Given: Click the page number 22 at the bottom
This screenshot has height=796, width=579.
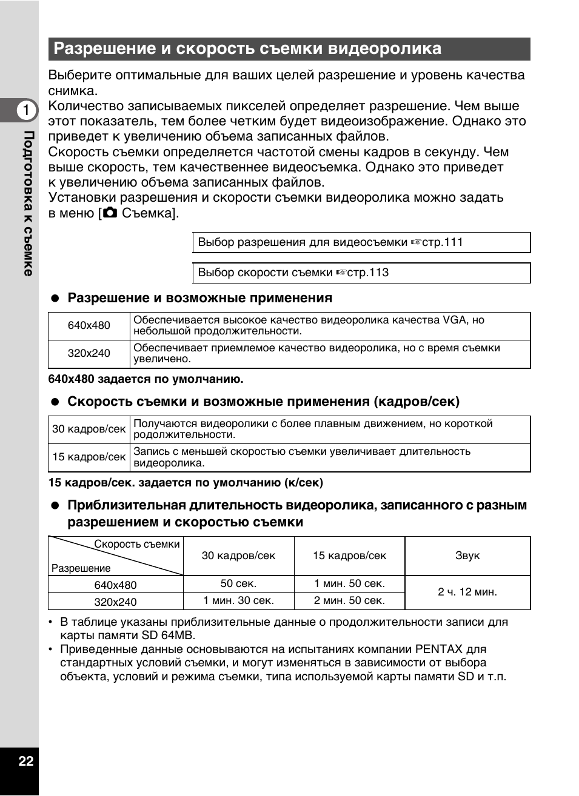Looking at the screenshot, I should click(25, 761).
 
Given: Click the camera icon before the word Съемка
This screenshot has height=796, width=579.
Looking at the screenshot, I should click(110, 213).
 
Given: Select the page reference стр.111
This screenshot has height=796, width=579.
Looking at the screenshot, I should click(443, 242).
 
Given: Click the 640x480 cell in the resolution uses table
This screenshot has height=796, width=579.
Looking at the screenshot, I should click(89, 325).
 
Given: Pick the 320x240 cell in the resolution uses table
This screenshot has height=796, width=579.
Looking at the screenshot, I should click(89, 353).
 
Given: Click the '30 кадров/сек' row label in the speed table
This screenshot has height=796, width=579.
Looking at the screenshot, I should click(89, 429).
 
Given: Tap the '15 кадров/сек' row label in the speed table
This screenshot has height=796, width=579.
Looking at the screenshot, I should click(89, 457).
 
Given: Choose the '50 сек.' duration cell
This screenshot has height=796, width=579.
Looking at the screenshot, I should click(238, 583).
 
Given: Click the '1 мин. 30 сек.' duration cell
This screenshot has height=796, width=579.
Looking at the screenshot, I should click(238, 600).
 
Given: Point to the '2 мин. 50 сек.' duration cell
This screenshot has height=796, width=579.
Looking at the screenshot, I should click(349, 600).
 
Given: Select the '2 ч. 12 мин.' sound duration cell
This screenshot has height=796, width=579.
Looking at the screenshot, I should click(467, 592).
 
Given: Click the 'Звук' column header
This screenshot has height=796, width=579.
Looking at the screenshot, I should click(467, 556).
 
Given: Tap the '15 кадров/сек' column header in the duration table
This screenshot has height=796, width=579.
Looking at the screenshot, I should click(349, 556).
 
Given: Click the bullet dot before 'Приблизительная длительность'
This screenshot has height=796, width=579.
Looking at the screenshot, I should click(55, 505).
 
